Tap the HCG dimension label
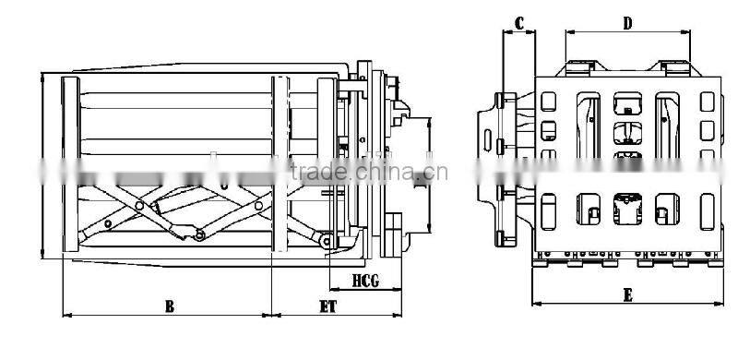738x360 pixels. (368, 279)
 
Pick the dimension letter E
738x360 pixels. (627, 294)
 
